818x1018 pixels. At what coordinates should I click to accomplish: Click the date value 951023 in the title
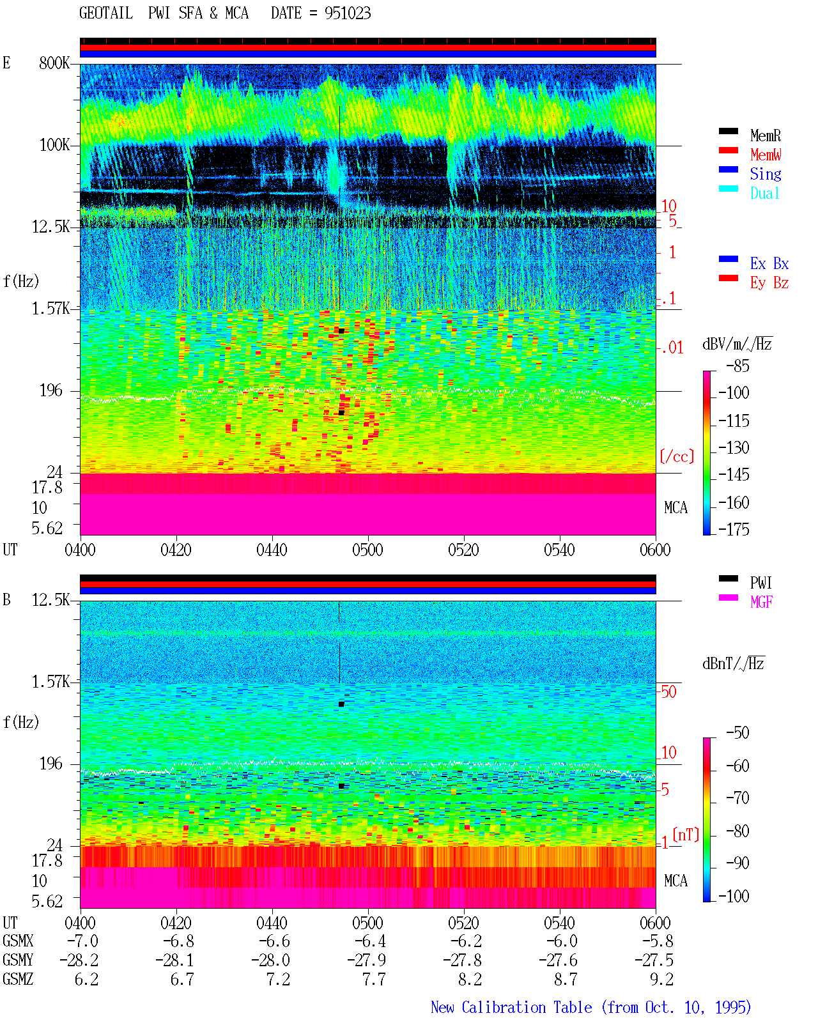(347, 13)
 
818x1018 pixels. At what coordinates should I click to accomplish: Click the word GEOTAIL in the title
(106, 13)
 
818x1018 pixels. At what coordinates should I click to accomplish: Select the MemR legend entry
(766, 135)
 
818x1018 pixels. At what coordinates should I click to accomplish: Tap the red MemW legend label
(766, 155)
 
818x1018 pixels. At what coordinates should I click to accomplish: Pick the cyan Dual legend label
(765, 193)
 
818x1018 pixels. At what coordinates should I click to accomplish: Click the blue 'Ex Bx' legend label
(769, 263)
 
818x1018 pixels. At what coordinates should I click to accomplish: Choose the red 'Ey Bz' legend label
(769, 283)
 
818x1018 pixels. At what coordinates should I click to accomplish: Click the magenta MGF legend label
(761, 602)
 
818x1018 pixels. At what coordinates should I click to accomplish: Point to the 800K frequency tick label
(54, 63)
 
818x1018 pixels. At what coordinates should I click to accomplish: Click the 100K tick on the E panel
(54, 145)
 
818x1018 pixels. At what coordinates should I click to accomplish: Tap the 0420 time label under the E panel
(176, 550)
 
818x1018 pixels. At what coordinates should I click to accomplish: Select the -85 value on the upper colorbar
(737, 366)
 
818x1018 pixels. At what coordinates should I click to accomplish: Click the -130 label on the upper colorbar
(734, 448)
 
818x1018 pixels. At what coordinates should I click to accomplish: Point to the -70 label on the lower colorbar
(737, 798)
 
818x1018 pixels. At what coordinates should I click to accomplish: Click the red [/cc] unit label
(677, 456)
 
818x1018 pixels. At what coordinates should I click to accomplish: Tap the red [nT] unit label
(686, 835)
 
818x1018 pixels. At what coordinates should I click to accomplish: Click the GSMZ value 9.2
(661, 979)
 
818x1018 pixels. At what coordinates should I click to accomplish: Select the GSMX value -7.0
(82, 941)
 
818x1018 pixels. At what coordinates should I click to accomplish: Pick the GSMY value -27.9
(367, 960)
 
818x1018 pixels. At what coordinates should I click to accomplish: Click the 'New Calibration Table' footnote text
(511, 1007)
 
